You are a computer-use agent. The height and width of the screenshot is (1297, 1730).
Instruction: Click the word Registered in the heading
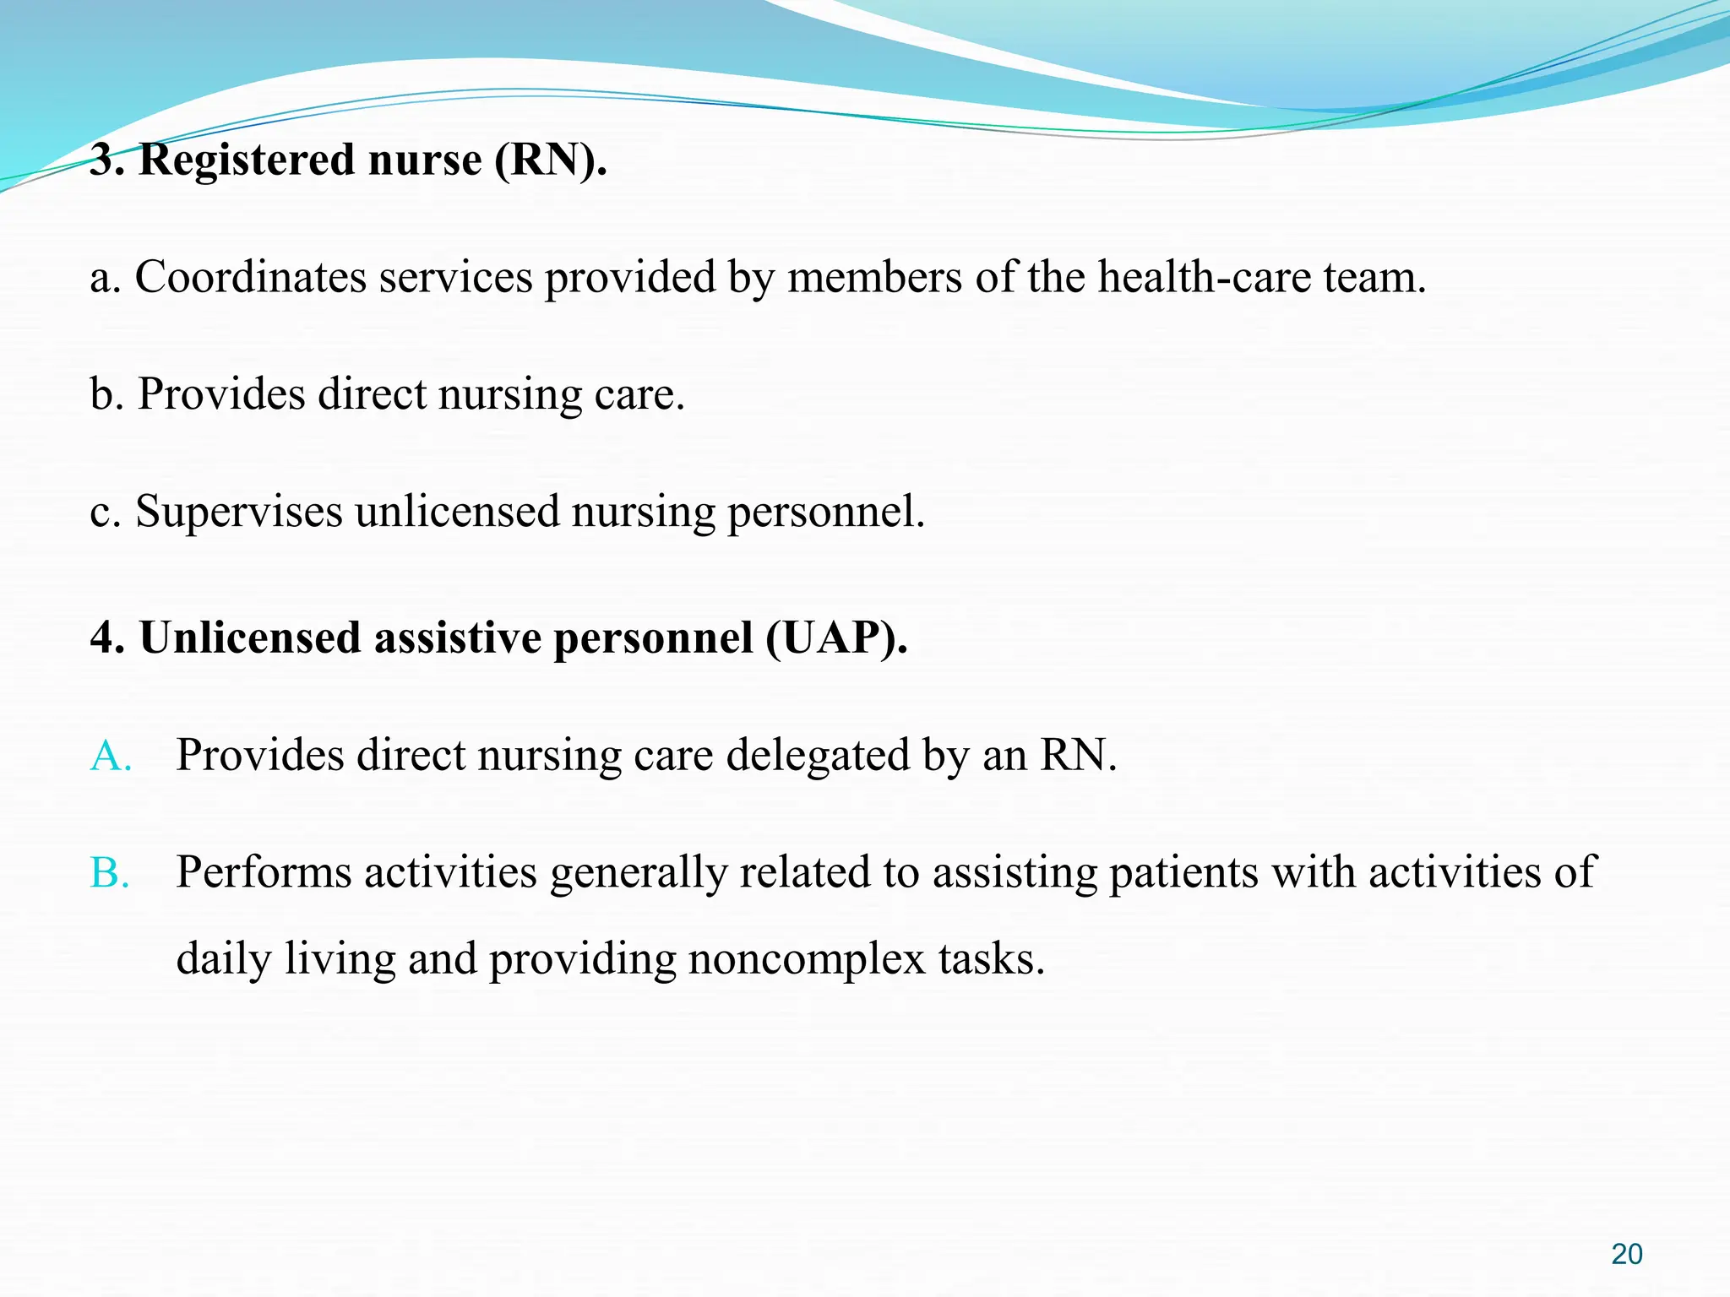(247, 160)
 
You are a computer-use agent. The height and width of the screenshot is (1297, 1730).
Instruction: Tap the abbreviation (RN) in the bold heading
(549, 160)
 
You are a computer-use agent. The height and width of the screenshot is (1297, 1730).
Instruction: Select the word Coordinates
(250, 277)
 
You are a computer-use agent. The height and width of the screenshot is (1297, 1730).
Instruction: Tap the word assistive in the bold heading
(457, 638)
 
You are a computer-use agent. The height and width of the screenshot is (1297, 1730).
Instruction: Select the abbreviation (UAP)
(836, 638)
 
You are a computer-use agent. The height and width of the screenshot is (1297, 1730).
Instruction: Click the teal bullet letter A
(110, 756)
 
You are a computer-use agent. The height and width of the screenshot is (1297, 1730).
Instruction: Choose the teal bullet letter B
(110, 873)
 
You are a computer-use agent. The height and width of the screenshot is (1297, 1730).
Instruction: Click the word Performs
(264, 873)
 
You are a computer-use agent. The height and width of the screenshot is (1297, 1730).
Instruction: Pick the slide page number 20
(1626, 1255)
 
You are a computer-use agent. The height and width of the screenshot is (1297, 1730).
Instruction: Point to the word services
(455, 277)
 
